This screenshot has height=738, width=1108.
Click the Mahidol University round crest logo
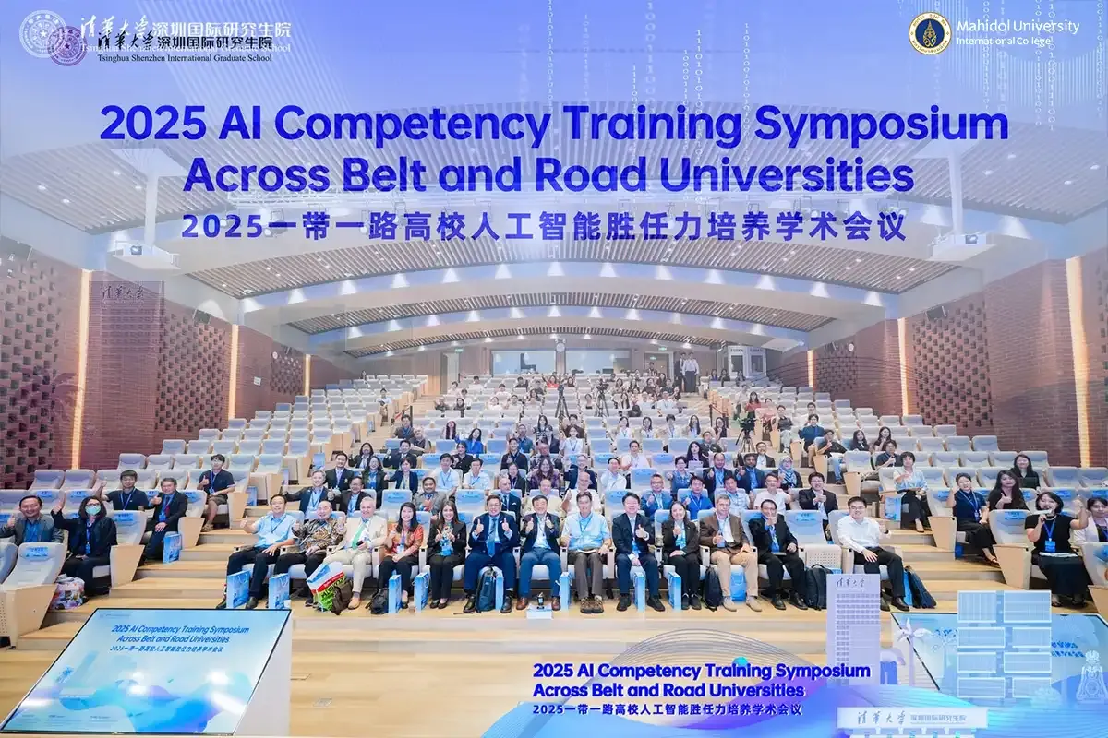(929, 33)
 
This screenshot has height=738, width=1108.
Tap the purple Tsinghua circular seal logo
(66, 44)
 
